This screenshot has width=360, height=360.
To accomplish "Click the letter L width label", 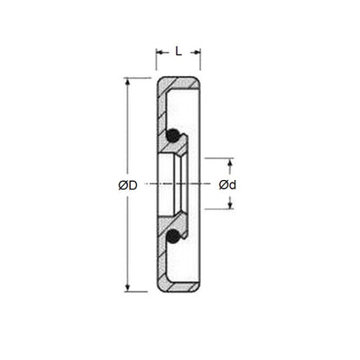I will tap(178, 51).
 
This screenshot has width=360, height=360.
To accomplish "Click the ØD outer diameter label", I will tap(128, 185).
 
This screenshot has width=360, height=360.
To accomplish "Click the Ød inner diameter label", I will tap(228, 185).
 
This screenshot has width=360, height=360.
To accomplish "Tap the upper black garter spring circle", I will tap(174, 135).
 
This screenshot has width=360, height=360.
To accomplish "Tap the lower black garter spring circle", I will tap(174, 235).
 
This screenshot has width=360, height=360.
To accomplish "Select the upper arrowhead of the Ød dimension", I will tap(230, 162).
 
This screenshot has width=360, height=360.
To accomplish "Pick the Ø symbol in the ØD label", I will tap(123, 185).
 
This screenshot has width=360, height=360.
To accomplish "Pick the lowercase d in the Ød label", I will tap(234, 185).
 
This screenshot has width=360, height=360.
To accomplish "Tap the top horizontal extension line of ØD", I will tap(138, 78).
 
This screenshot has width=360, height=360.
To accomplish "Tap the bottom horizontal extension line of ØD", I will tap(138, 292).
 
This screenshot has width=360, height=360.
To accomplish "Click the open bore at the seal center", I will tap(177, 185).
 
